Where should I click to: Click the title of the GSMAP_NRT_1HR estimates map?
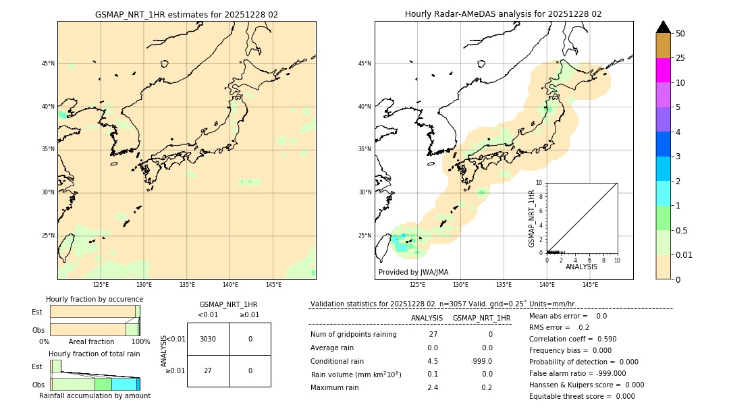click(x=186, y=14)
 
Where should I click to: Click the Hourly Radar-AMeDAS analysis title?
click(x=503, y=14)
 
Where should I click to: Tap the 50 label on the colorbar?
click(x=680, y=34)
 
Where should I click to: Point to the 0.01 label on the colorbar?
click(x=684, y=255)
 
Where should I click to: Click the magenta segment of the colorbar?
click(x=663, y=70)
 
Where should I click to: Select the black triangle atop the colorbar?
click(x=663, y=27)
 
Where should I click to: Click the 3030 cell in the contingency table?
click(x=208, y=339)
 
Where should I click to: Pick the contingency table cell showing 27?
click(x=208, y=370)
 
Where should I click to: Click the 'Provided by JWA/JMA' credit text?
click(x=413, y=272)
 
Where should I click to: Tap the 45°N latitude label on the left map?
click(x=48, y=63)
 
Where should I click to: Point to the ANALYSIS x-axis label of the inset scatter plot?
click(x=581, y=267)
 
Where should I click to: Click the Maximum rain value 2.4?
click(x=433, y=387)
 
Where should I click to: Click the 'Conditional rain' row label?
click(x=337, y=361)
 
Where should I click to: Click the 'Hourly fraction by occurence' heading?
click(x=94, y=299)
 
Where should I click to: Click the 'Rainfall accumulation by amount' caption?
click(x=94, y=395)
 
